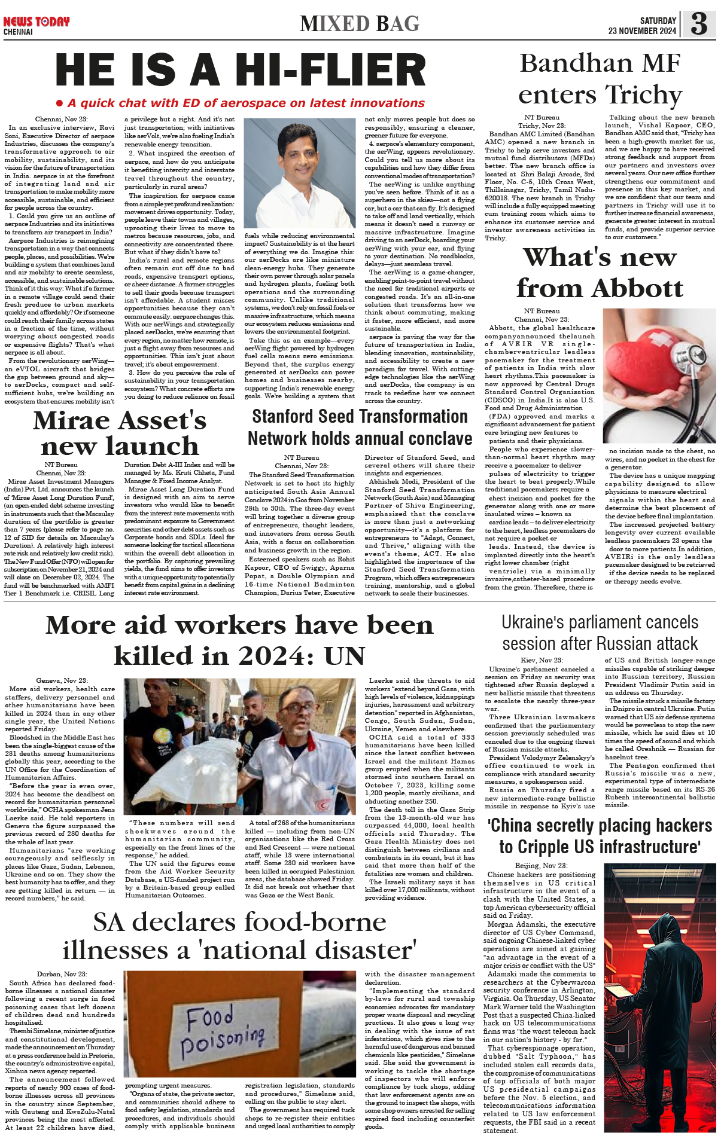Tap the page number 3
coord(698,24)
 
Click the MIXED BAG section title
coord(360,24)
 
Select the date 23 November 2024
coord(642,31)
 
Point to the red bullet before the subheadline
coord(59,103)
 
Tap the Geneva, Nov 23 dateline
coord(62,680)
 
